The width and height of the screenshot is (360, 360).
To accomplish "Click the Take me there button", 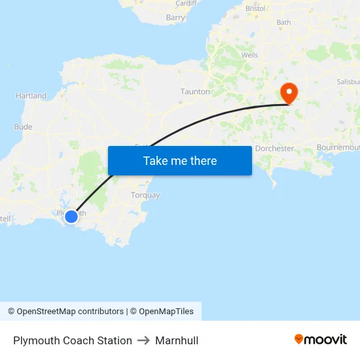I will [180, 160].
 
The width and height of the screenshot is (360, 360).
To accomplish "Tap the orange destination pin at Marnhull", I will [288, 92].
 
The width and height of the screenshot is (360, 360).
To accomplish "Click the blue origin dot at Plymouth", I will [71, 215].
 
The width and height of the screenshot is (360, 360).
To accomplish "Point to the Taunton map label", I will [195, 92].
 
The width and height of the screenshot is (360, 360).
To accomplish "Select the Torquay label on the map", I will [145, 195].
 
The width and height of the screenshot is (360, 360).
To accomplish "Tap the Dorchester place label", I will [274, 149].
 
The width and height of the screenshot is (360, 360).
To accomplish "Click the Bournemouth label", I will [338, 148].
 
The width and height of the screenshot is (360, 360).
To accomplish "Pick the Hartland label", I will [31, 96].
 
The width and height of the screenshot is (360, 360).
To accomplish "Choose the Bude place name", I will [22, 127].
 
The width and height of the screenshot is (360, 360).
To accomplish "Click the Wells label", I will [250, 56].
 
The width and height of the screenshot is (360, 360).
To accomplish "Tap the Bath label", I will [283, 22].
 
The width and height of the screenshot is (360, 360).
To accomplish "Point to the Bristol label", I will [255, 9].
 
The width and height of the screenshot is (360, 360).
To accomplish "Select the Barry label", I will [175, 18].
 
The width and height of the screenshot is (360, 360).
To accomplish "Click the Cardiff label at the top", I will [186, 3].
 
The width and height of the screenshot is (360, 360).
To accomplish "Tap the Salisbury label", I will [348, 82].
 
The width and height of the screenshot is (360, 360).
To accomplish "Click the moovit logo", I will [321, 339].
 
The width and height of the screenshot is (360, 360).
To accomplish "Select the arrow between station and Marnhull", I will [143, 340].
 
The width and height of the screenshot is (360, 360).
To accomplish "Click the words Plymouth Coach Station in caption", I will [73, 340].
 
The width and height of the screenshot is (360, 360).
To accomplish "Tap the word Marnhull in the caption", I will [177, 340].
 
